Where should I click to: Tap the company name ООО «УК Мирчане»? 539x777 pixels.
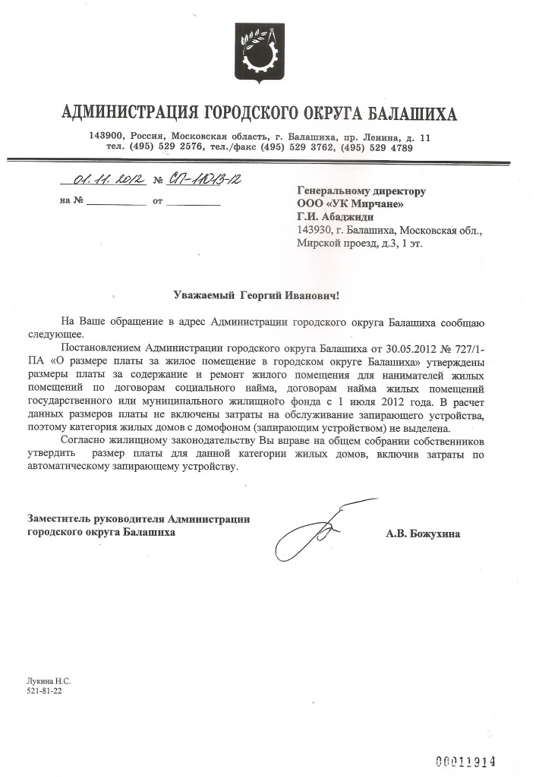point(350,203)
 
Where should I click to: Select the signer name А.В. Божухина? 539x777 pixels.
point(423,533)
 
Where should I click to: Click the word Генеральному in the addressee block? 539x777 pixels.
point(334,190)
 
